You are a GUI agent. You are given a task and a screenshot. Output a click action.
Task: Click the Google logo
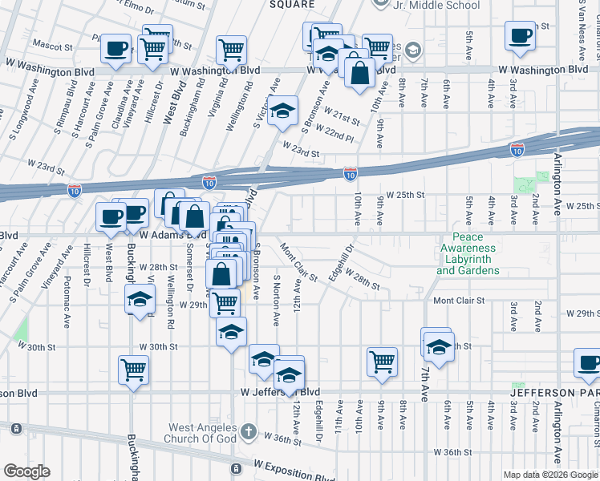click(x=26, y=471)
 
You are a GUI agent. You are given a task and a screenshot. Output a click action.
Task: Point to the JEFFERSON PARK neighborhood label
click(x=554, y=394)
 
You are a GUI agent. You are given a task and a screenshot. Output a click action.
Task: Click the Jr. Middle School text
click(x=436, y=6)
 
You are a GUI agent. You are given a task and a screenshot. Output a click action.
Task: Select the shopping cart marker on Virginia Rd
click(x=231, y=49)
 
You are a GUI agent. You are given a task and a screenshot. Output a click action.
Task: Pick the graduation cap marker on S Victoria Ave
click(x=282, y=112)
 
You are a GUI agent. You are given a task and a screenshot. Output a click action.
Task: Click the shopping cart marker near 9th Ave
click(x=382, y=361)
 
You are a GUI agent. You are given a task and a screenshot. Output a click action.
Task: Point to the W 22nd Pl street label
click(x=334, y=132)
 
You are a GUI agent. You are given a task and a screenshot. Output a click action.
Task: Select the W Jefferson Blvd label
click(x=274, y=393)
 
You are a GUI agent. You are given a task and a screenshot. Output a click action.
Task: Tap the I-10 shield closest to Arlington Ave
click(x=518, y=150)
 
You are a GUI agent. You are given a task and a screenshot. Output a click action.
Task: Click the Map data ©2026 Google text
click(x=550, y=475)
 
